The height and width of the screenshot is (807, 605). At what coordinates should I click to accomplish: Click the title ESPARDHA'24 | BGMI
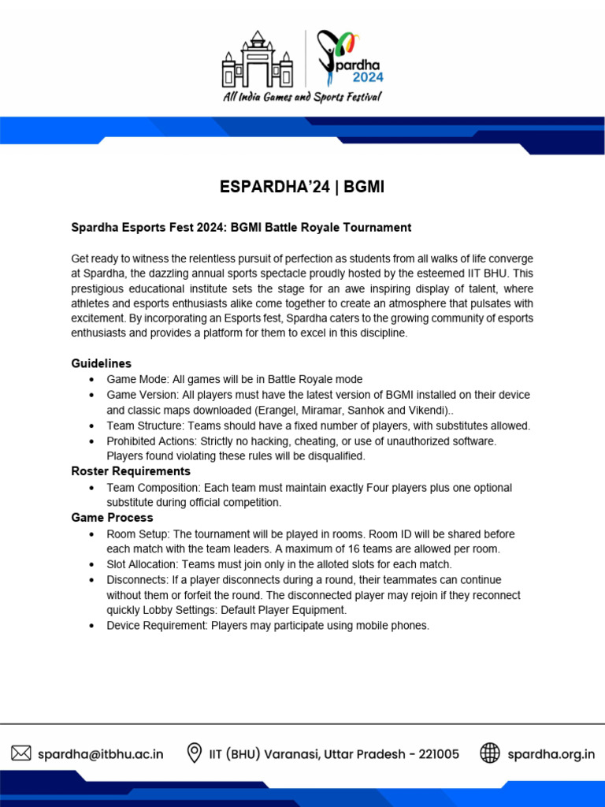[x=302, y=188]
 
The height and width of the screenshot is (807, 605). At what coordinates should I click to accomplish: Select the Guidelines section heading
[x=101, y=363]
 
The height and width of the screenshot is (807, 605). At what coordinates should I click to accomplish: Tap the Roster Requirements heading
[x=131, y=471]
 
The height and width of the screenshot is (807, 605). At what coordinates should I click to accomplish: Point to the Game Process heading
[x=112, y=518]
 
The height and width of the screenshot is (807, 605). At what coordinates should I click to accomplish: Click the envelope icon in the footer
[x=21, y=753]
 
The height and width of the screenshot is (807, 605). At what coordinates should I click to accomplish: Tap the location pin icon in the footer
[x=194, y=753]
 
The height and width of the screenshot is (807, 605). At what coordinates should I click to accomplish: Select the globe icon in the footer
[x=490, y=753]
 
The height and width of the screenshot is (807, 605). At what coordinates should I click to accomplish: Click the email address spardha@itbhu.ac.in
[x=101, y=754]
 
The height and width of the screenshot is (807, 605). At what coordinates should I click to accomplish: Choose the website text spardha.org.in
[x=551, y=754]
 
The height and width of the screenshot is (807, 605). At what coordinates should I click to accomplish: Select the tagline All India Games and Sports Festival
[x=302, y=97]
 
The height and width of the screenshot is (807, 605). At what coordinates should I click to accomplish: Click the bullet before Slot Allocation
[x=93, y=564]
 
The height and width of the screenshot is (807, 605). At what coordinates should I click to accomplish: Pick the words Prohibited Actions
[x=150, y=441]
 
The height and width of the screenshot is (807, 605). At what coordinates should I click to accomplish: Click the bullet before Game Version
[x=93, y=395]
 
